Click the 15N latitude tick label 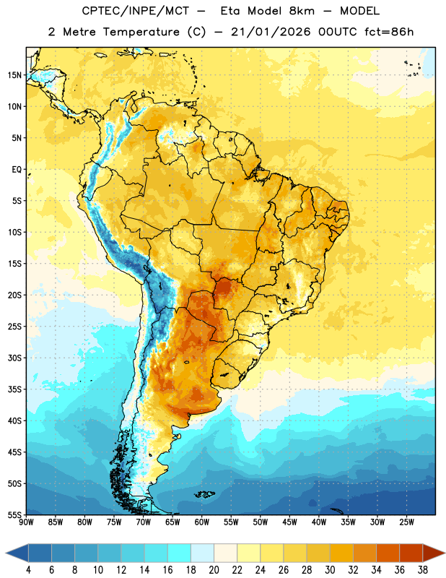coord(14,75)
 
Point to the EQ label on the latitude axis coord(17,170)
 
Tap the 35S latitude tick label coord(14,389)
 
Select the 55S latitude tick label coord(14,514)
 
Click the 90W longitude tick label coord(26,522)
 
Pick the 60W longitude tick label coord(202,522)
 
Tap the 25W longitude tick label coord(406,522)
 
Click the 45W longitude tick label coord(290,522)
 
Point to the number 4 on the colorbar coord(28,570)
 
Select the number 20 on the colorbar coord(214,570)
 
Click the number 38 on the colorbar coord(423,570)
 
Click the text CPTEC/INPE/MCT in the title coord(136,11)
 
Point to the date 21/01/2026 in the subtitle coord(271,32)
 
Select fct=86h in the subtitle coord(389,32)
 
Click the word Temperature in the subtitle coord(141,32)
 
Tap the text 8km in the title coord(302,11)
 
